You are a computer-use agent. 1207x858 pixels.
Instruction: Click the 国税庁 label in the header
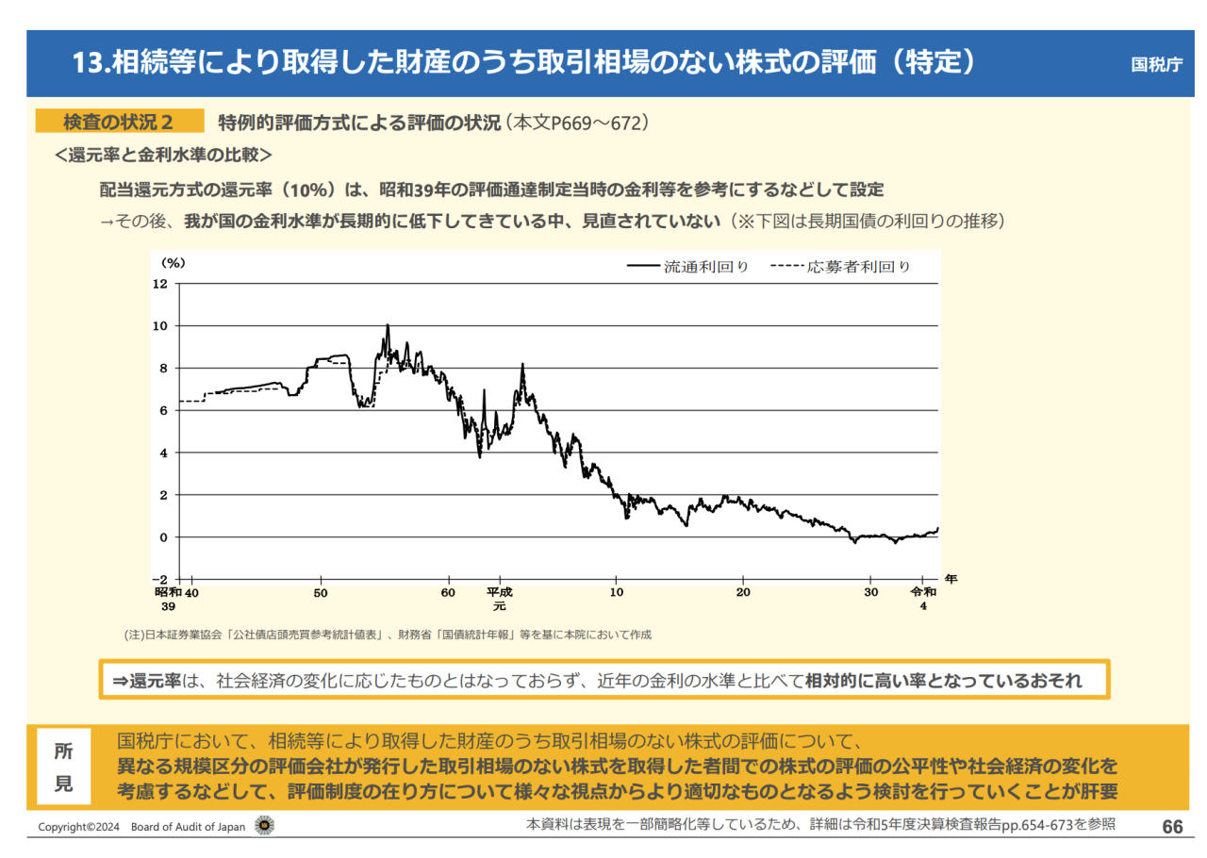coord(1156,65)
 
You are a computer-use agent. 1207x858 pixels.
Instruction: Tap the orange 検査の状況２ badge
coord(119,122)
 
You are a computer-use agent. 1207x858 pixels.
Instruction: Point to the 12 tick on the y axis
coord(159,284)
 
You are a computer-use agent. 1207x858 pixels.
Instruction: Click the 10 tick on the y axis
coord(159,326)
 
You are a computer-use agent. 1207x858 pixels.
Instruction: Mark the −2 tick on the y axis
coord(159,579)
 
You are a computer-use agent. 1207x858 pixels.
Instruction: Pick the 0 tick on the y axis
coord(163,537)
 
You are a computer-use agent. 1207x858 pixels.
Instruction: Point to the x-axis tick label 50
coord(321,592)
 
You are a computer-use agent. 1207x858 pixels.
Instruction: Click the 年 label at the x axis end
coord(951,580)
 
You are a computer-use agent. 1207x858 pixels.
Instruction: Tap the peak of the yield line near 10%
coord(387,326)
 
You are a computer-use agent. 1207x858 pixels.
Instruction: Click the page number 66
coord(1172,827)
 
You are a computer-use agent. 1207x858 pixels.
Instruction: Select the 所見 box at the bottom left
coord(63,767)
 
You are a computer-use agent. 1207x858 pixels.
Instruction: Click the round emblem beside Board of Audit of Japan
coord(266,827)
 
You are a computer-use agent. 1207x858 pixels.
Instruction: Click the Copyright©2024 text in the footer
coord(78,828)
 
